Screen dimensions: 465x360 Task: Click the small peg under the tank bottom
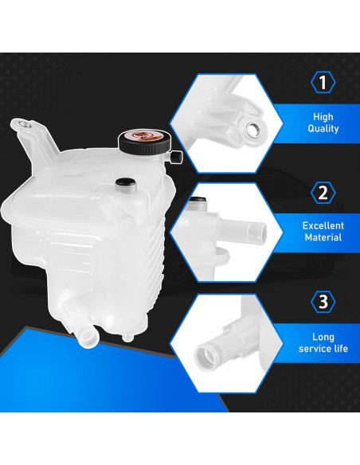(127, 338)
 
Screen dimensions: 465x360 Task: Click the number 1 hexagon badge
(323, 83)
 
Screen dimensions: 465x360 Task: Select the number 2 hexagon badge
(323, 192)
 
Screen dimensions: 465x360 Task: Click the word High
(323, 116)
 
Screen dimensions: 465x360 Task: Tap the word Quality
(323, 129)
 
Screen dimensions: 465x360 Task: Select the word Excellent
(323, 225)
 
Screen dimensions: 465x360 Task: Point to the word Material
(323, 237)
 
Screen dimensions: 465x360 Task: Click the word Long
(323, 336)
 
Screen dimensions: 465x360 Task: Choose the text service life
(323, 349)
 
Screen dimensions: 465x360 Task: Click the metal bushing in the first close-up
(252, 127)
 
